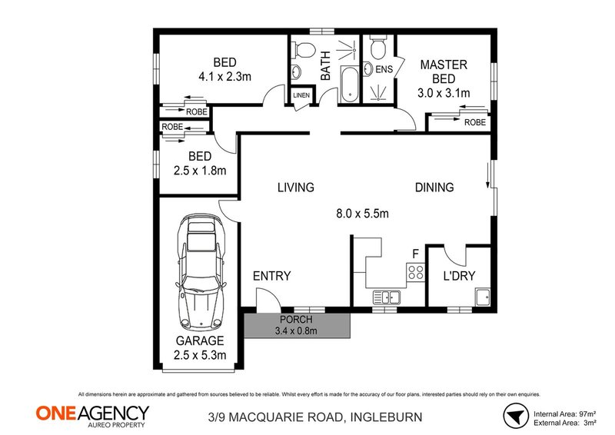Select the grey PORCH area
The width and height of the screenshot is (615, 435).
click(x=297, y=325)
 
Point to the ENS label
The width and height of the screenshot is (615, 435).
click(x=384, y=69)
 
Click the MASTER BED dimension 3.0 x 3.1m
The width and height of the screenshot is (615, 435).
click(x=443, y=93)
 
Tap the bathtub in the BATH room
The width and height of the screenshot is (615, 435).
click(x=349, y=84)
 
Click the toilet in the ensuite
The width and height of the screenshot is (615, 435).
click(x=377, y=49)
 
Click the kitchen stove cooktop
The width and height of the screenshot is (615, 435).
click(x=416, y=271)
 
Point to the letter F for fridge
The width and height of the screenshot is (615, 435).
click(x=415, y=252)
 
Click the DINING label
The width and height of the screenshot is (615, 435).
click(x=434, y=187)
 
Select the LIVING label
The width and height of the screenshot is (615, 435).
click(x=296, y=187)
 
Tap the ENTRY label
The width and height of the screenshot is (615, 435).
click(x=271, y=276)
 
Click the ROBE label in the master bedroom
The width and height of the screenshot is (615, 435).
click(x=474, y=121)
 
